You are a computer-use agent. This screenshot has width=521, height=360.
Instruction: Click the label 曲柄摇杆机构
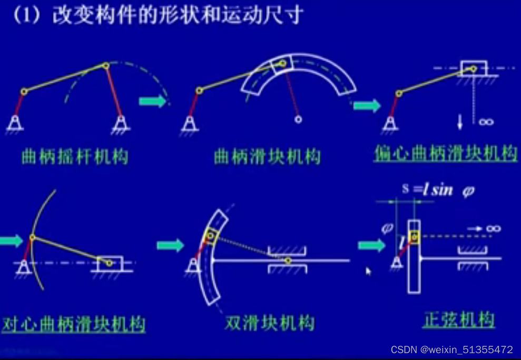(74, 156)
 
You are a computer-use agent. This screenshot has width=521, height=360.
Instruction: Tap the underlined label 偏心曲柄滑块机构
(446, 153)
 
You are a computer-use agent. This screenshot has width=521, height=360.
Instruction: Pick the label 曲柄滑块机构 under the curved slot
(267, 156)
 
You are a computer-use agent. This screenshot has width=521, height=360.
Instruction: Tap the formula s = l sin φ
(438, 190)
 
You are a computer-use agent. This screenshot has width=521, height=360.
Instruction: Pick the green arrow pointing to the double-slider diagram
(170, 245)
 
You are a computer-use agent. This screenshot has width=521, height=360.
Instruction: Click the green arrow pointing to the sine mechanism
(371, 245)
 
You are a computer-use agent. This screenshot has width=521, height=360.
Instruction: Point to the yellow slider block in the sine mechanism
(415, 237)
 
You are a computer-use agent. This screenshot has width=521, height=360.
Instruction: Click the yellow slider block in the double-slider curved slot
(211, 236)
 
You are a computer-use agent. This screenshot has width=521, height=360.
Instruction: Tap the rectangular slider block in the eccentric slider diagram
(473, 68)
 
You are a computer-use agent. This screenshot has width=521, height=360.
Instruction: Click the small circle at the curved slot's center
(298, 119)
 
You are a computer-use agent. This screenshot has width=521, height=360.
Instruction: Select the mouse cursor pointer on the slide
(368, 271)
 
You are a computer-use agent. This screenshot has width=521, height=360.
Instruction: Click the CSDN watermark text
(451, 349)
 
